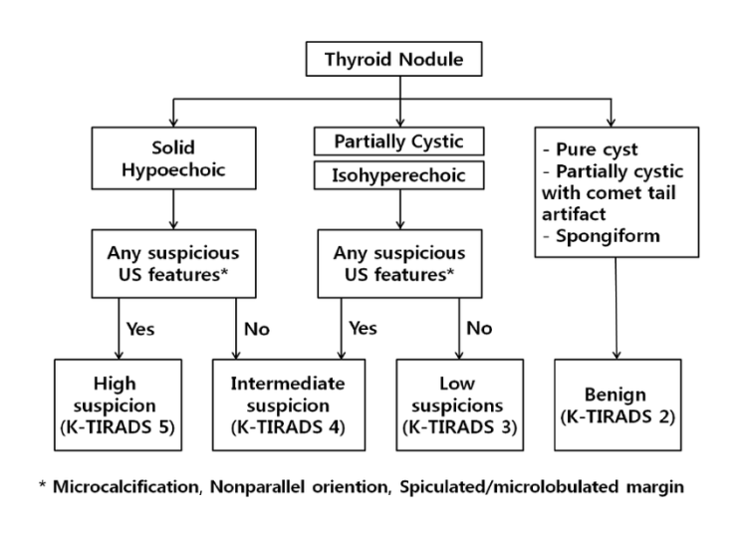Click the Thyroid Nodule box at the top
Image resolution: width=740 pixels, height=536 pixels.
click(400, 59)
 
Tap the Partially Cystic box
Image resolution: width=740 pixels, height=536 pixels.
click(400, 140)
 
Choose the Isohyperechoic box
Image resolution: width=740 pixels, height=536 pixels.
click(400, 177)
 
